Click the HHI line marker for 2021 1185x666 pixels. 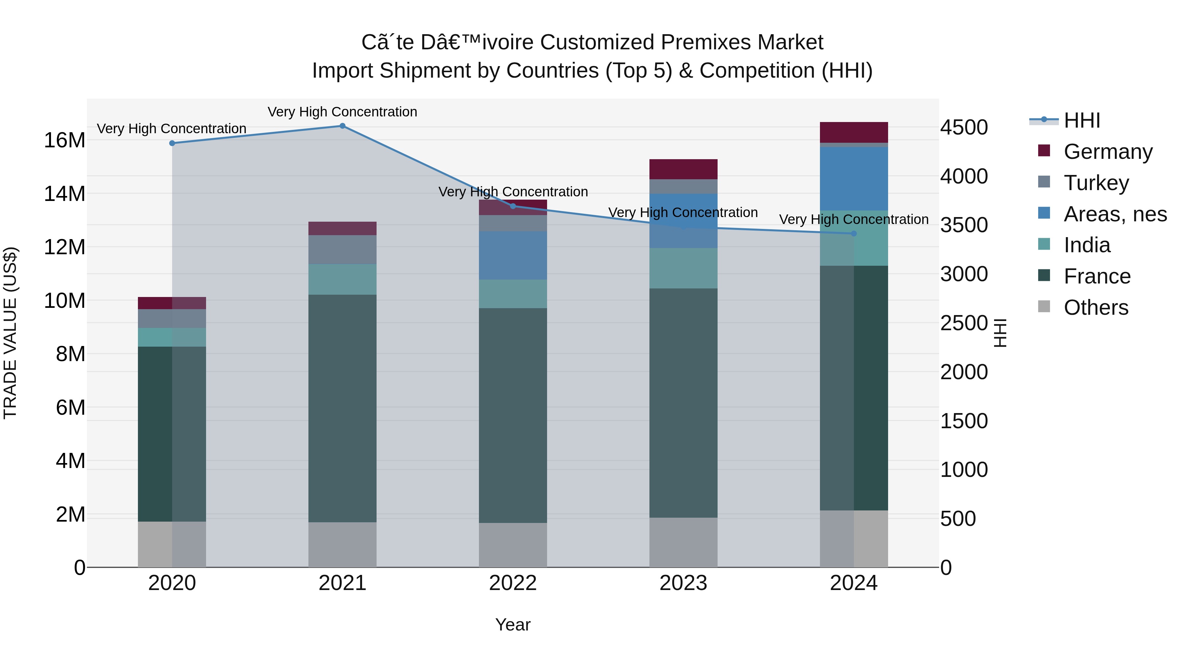(x=342, y=126)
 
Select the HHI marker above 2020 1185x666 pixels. (x=172, y=143)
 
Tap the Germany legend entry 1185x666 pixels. (x=1108, y=152)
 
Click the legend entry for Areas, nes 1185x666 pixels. (x=1115, y=214)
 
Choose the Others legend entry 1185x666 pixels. (x=1095, y=308)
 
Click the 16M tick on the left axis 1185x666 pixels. (x=65, y=140)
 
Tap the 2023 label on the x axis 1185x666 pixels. (x=683, y=583)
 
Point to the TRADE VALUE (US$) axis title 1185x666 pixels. (x=10, y=333)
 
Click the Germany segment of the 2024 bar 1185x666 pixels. (x=854, y=132)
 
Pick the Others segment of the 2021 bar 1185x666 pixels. (x=342, y=545)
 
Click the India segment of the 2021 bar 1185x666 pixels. (x=342, y=280)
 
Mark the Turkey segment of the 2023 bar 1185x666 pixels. (x=683, y=186)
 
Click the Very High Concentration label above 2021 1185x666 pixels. (x=342, y=112)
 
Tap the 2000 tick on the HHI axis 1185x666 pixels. (x=964, y=372)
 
